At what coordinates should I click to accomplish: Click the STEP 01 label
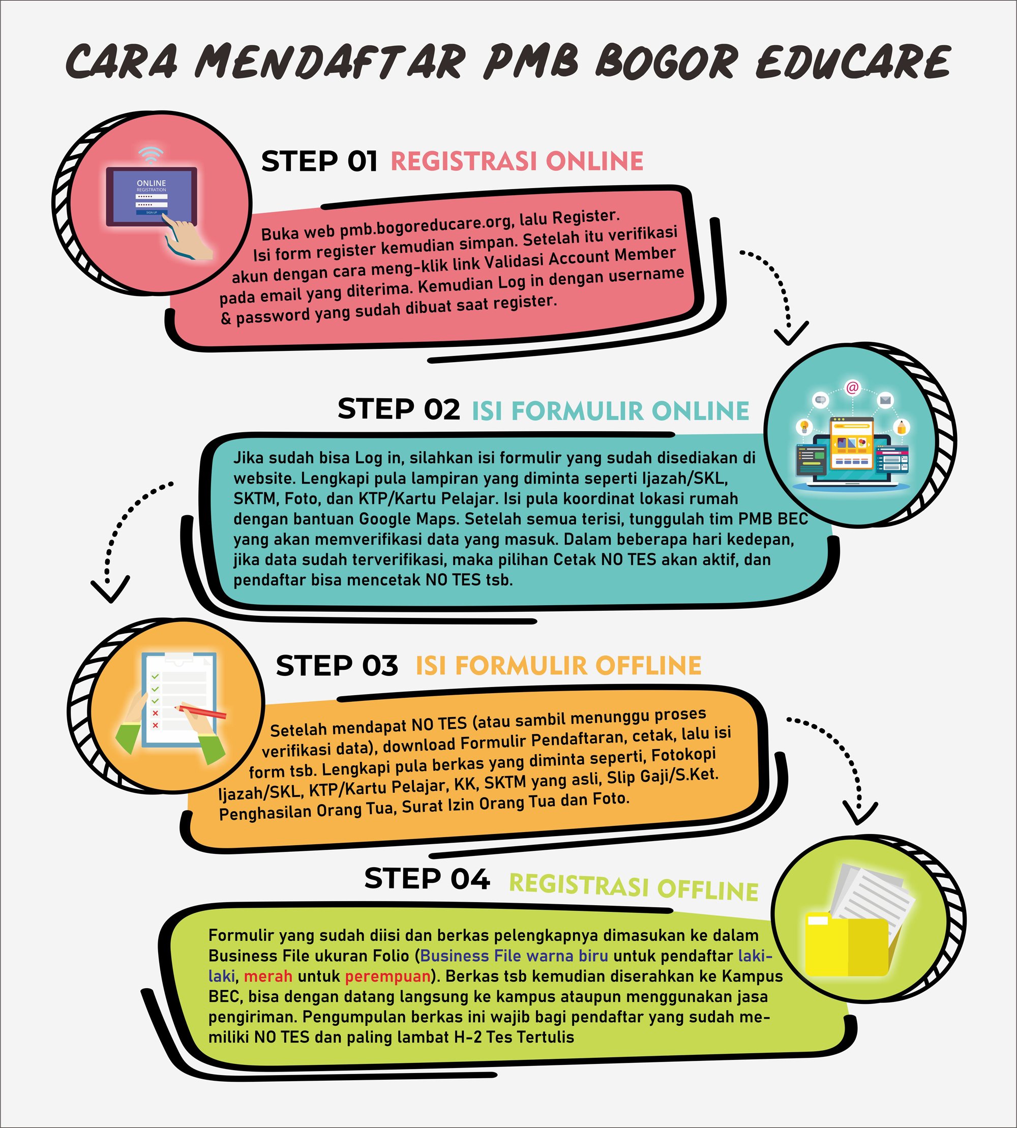coord(319,162)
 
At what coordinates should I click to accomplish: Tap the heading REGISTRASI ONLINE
coord(517,161)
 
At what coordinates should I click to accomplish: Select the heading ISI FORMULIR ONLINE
coord(610,411)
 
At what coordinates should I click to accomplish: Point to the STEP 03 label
coord(337,666)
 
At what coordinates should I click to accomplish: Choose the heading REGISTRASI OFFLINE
coord(633,886)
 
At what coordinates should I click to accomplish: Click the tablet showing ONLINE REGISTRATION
coord(152,196)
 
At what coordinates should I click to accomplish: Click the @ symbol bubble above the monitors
coord(852,388)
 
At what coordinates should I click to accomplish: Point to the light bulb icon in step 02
coord(804,427)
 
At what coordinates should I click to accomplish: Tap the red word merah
coord(267,976)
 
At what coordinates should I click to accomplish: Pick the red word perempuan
coord(388,976)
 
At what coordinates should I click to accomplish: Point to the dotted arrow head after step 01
coord(791,334)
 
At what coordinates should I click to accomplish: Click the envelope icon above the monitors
coord(885,400)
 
